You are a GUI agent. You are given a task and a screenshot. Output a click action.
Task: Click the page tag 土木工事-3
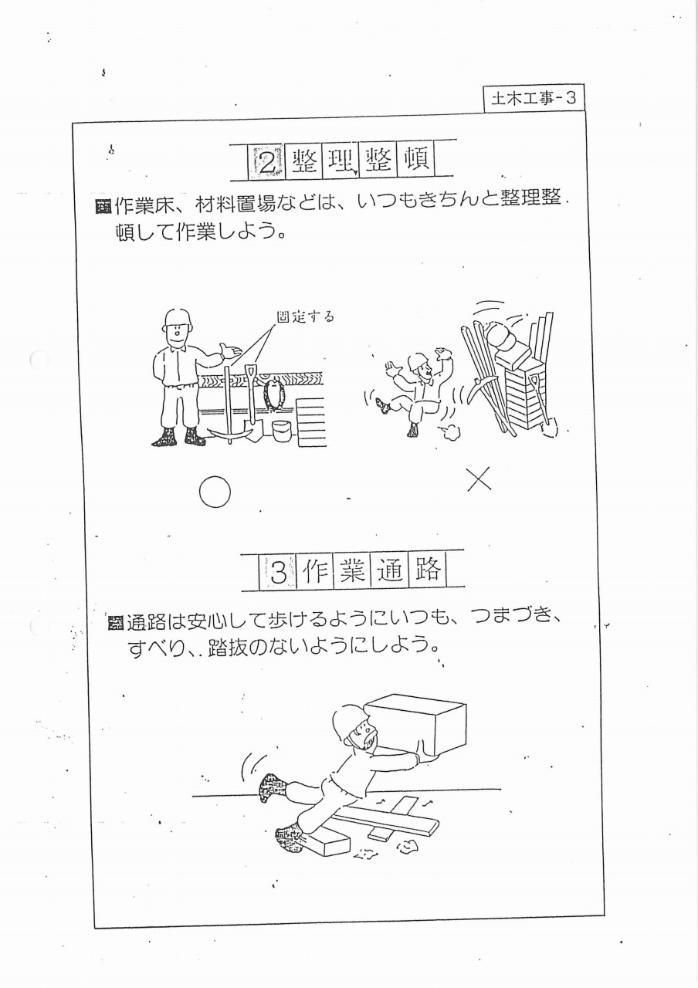[534, 98]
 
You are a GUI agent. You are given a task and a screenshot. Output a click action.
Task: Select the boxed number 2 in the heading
[267, 161]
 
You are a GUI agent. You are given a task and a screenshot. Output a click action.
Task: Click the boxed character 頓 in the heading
[416, 159]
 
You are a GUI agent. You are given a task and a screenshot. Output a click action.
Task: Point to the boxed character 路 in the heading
[428, 570]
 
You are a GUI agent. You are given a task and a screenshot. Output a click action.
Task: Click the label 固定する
[305, 316]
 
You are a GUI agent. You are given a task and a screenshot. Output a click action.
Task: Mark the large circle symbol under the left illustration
[215, 492]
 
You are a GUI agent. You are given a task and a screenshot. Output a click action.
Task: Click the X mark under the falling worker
[479, 479]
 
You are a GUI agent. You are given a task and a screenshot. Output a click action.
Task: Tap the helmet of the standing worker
[178, 319]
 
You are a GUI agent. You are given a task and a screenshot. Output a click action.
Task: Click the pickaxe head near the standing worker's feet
[230, 434]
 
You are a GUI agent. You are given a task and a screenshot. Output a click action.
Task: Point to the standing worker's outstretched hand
[231, 350]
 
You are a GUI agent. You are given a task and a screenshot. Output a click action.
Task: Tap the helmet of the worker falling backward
[418, 361]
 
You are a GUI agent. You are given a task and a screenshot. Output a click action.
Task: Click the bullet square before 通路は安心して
[115, 624]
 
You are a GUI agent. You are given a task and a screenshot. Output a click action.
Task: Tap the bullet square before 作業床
[103, 208]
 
